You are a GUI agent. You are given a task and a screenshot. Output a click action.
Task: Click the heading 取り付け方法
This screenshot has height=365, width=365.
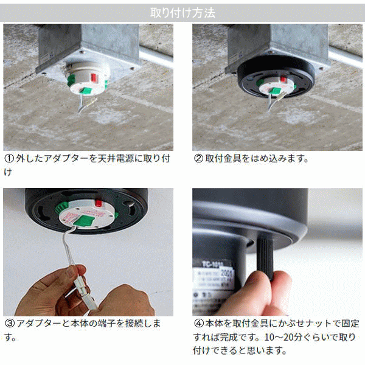pos(182,13)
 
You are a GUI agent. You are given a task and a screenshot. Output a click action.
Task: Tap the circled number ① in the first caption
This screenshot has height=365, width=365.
pos(9,159)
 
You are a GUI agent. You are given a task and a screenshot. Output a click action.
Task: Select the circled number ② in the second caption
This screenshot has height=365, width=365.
pos(198,159)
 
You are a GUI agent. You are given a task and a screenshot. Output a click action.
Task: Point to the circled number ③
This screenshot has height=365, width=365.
pos(10,324)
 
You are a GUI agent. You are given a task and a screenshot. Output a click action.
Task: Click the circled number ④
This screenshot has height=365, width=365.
pos(199,324)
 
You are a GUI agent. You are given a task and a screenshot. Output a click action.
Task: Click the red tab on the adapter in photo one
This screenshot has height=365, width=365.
pos(94,77)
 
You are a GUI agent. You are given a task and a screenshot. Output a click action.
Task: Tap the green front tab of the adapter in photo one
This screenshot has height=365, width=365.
pos(86,91)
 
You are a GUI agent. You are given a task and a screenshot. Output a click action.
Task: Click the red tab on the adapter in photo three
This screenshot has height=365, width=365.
pos(99,203)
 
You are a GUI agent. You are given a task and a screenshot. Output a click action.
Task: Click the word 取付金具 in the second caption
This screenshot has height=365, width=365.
pos(223,159)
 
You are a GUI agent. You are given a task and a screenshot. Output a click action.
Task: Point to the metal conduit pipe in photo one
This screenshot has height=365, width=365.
pos(156,55)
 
